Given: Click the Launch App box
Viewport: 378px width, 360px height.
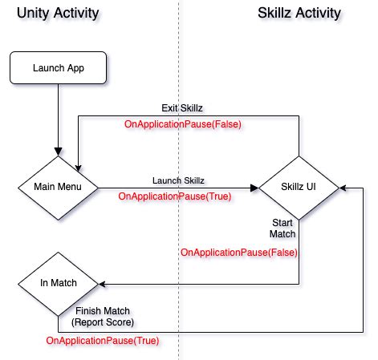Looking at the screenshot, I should tap(58, 68).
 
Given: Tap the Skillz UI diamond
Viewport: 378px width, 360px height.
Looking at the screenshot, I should tap(299, 188).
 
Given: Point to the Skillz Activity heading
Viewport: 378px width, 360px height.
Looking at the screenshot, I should tap(299, 14).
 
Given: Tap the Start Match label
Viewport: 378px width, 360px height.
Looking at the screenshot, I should tap(282, 228).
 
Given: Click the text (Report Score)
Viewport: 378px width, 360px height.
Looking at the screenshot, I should tap(103, 322).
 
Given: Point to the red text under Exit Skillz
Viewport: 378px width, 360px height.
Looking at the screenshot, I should tap(182, 124).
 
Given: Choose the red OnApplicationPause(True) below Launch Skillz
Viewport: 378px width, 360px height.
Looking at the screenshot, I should tap(176, 196).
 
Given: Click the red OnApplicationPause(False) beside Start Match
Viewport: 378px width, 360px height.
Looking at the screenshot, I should tap(239, 253).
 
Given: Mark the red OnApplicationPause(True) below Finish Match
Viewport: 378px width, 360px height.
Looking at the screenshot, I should tap(102, 341).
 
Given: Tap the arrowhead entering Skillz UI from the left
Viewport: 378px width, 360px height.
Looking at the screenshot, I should tap(254, 188).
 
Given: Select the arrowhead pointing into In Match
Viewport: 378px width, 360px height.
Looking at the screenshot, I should tap(102, 283).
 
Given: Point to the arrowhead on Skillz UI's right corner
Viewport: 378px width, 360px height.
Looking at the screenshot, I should tap(343, 188).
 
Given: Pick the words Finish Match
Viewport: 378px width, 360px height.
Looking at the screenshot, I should tap(103, 310).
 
